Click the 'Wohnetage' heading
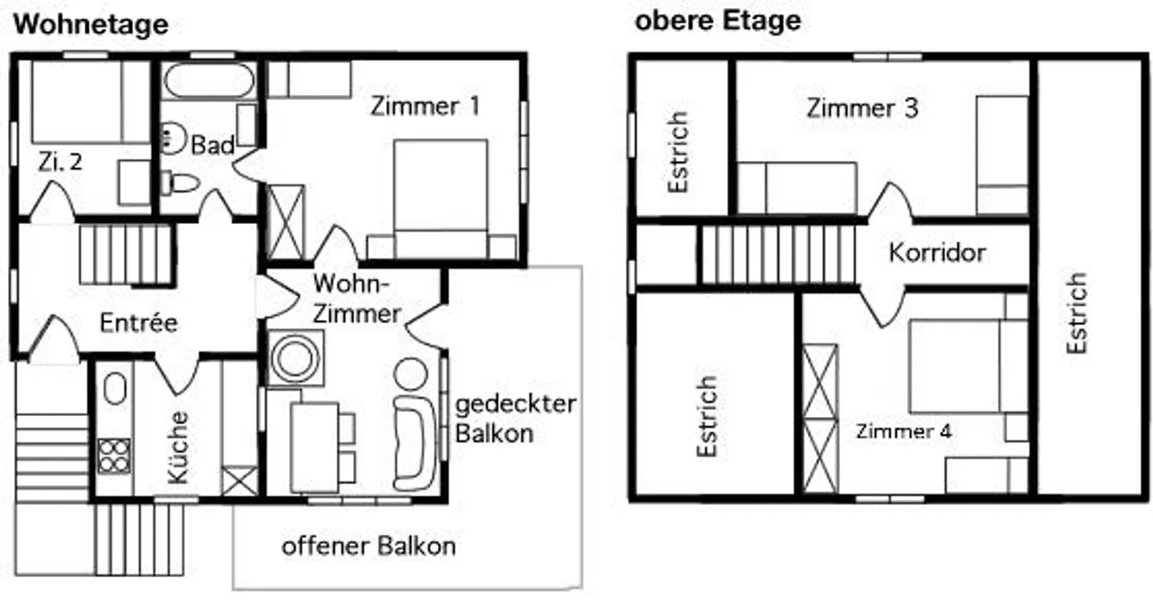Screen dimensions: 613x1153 pyautogui.click(x=91, y=24)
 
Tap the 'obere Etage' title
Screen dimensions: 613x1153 pyautogui.click(x=717, y=21)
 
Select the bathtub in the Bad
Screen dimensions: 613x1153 pyautogui.click(x=210, y=81)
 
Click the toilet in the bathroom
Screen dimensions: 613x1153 pyautogui.click(x=180, y=184)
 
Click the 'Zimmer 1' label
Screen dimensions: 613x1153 pyautogui.click(x=424, y=106)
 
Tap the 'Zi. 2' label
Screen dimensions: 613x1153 pyautogui.click(x=59, y=162)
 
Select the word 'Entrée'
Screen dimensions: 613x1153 pyautogui.click(x=138, y=323)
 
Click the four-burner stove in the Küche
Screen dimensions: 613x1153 pyautogui.click(x=114, y=455)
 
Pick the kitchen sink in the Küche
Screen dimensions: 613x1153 pyautogui.click(x=114, y=390)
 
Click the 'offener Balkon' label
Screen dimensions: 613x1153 pyautogui.click(x=368, y=547)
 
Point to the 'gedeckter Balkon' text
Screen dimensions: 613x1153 pyautogui.click(x=515, y=418)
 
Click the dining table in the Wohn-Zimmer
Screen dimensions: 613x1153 pyautogui.click(x=314, y=447)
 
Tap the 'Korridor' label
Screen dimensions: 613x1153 pyautogui.click(x=937, y=253)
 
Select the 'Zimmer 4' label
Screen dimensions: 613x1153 pyautogui.click(x=903, y=431)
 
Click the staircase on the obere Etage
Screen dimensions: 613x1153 pyautogui.click(x=777, y=254)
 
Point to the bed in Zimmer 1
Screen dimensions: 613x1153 pyautogui.click(x=440, y=198)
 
